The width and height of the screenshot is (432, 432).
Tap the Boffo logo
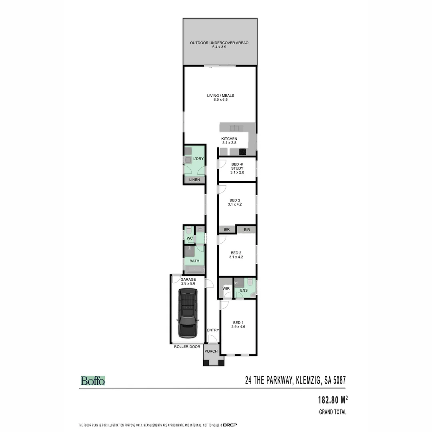coord(93,381)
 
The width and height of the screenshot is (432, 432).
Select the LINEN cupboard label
coord(194,180)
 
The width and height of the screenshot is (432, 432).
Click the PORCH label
coord(211,352)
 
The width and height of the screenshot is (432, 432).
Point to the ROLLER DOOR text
coord(187,347)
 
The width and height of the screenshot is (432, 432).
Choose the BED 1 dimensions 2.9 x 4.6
coord(238,327)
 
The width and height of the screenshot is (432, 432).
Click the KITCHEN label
coord(230,139)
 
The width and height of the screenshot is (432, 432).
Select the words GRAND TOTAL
coord(332,412)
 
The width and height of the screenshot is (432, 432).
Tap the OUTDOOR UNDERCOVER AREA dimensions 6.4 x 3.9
coord(219,47)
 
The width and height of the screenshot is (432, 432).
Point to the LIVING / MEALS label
coord(220,96)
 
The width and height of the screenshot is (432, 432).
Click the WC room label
coord(190,239)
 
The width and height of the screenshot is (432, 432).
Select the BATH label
coord(194,261)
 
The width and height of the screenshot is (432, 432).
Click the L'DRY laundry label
coord(198,159)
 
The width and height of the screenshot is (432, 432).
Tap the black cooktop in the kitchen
coord(242,152)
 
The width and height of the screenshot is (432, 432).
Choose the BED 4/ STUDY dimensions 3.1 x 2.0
coord(237,172)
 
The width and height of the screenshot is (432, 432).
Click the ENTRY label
coord(213,330)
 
